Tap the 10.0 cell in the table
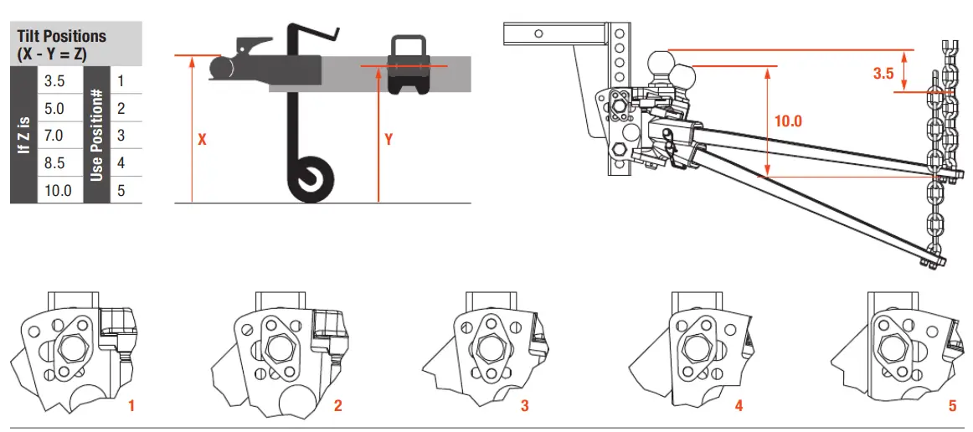(x=58, y=190)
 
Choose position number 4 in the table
(x=121, y=162)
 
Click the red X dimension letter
(x=202, y=140)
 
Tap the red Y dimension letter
(x=389, y=140)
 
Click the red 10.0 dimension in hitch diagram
(x=787, y=121)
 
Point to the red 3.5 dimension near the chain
(x=883, y=74)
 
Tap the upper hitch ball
(x=662, y=64)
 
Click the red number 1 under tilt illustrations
(x=131, y=406)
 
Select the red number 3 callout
(x=524, y=406)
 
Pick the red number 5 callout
(x=952, y=406)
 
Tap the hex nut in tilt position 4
(x=695, y=345)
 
